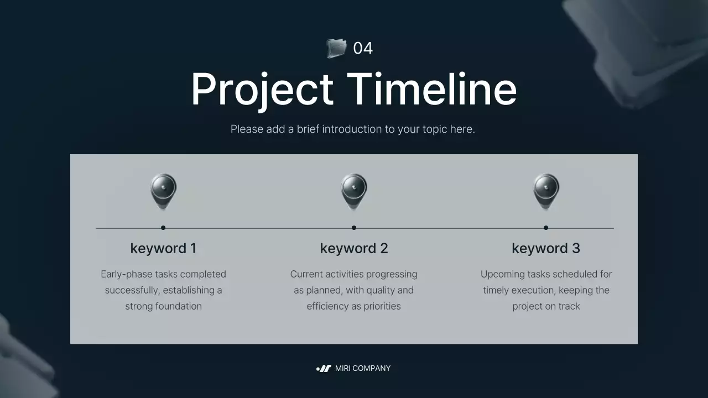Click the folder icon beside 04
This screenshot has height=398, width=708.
tap(336, 48)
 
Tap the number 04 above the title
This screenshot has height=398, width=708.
tap(363, 49)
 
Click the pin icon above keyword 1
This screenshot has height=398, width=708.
tap(163, 191)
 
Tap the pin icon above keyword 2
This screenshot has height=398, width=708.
tap(354, 191)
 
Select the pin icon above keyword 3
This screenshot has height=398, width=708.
tap(546, 191)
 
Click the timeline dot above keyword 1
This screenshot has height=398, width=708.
tap(163, 228)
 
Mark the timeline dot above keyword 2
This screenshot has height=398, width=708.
tap(354, 228)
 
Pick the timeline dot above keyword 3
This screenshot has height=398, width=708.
tap(546, 228)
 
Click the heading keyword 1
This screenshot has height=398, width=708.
tap(163, 249)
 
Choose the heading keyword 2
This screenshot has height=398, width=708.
tap(354, 249)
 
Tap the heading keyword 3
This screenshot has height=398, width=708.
tap(546, 249)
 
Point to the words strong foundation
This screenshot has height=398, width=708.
tap(163, 306)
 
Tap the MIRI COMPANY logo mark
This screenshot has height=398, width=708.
tap(324, 369)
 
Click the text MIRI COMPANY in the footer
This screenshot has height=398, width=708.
tap(363, 369)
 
